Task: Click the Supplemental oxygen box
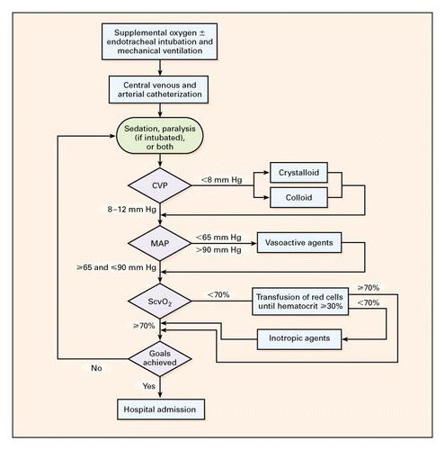pos(159,41)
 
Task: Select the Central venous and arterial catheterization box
pos(158,89)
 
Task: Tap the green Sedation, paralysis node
pos(160,136)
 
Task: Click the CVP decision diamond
pos(160,185)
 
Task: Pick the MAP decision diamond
pos(160,243)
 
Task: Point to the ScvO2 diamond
pos(160,301)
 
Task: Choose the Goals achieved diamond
pos(160,358)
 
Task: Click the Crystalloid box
pos(298,173)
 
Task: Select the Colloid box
pos(298,197)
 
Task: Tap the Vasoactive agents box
pos(299,242)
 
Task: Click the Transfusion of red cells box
pos(300,301)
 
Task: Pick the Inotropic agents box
pos(299,339)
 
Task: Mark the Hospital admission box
pos(161,409)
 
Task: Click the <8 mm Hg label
pos(221,180)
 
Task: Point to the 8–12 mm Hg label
pos(132,209)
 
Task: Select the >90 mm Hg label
pos(218,249)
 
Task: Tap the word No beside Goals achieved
pos(96,368)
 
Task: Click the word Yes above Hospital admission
pos(149,386)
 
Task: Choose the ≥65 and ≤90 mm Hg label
pos(116,267)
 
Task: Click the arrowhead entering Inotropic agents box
pos(344,339)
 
